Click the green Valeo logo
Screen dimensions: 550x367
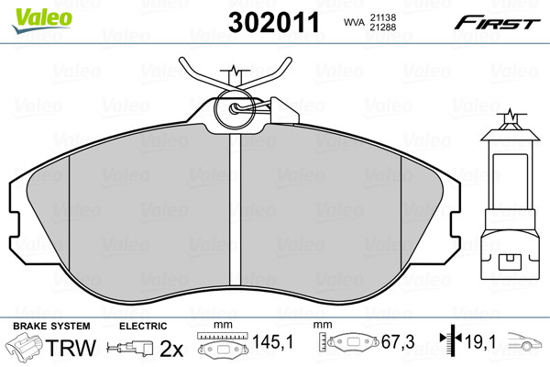(x=42, y=20)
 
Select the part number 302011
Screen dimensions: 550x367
(x=274, y=22)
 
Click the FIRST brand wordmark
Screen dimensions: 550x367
(x=497, y=23)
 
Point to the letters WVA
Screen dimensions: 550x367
(x=354, y=22)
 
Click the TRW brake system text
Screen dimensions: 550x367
(x=71, y=348)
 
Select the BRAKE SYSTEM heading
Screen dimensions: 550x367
(x=51, y=327)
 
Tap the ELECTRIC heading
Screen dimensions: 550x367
(x=143, y=327)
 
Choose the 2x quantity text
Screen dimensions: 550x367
(x=171, y=349)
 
